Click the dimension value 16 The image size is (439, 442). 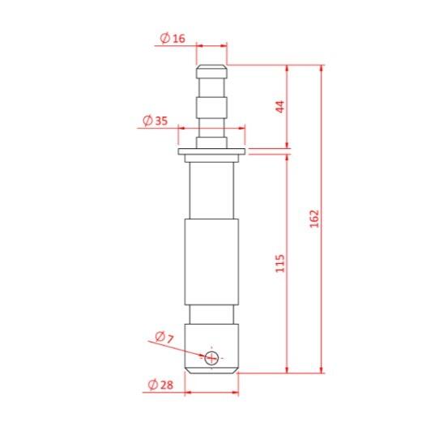pyautogui.click(x=179, y=38)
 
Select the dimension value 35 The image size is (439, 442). pyautogui.click(x=161, y=121)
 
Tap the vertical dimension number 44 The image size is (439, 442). pyautogui.click(x=280, y=107)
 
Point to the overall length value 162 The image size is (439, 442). pyautogui.click(x=314, y=219)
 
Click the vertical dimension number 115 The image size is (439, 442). pyautogui.click(x=280, y=263)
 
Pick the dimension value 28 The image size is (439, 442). pyautogui.click(x=167, y=385)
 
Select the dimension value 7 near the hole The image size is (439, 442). pyautogui.click(x=170, y=339)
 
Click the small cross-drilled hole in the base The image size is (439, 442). pyautogui.click(x=211, y=359)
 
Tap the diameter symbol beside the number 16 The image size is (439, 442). pyautogui.click(x=165, y=38)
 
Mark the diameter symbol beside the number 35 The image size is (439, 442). pyautogui.click(x=147, y=121)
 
